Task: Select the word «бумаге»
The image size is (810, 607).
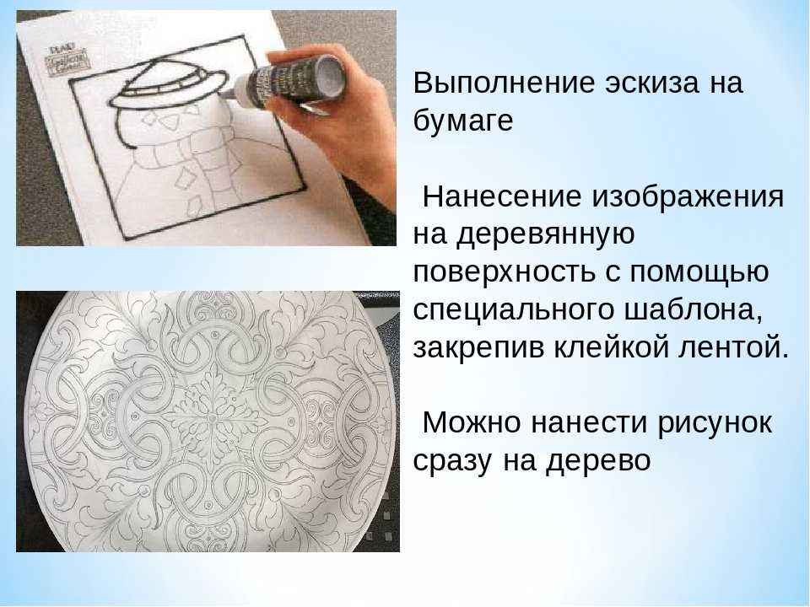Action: coord(463,121)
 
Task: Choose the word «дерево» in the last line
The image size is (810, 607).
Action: coord(599,460)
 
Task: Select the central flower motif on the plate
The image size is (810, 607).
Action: coord(211,412)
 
